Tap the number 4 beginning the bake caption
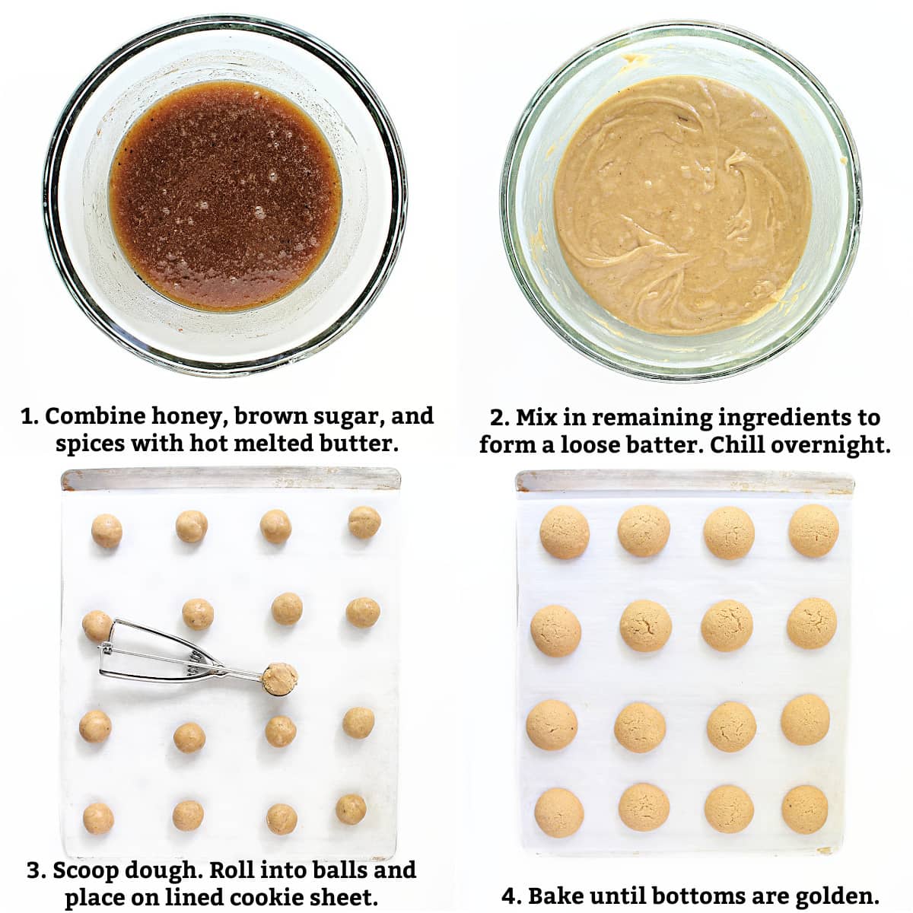coord(508,883)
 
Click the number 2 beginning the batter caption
coord(497,418)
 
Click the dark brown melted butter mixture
coord(225,196)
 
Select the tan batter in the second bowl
coord(682,204)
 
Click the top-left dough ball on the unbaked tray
coord(107,530)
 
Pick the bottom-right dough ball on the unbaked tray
coord(351,809)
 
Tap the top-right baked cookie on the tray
coord(813,530)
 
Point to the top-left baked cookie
coord(565,532)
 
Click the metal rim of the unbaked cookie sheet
coord(231,479)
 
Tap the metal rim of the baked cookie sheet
coord(684,482)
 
